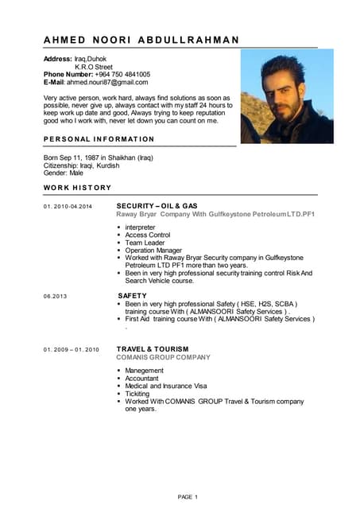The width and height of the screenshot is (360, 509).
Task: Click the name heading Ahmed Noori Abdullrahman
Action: (x=141, y=40)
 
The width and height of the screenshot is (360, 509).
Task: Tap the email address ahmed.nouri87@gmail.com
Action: (x=107, y=82)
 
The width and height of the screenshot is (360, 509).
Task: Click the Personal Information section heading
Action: (x=99, y=139)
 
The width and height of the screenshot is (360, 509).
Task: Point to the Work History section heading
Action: (x=77, y=188)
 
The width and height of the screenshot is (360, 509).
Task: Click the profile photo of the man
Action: (x=286, y=96)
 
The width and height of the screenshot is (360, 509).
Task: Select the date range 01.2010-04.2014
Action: (x=68, y=207)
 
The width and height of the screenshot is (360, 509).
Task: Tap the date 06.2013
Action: (x=55, y=296)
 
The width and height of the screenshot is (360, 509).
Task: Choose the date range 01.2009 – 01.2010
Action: (x=71, y=349)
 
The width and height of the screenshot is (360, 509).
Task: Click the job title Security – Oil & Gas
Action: (x=157, y=206)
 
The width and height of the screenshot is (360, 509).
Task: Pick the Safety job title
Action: (x=132, y=295)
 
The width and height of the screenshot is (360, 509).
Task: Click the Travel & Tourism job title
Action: (x=153, y=348)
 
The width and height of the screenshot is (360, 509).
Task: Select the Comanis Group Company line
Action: (x=163, y=357)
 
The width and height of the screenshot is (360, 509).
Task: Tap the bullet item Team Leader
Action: (x=145, y=243)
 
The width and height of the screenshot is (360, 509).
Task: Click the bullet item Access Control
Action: (x=148, y=235)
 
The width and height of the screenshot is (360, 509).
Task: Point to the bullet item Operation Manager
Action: (x=153, y=250)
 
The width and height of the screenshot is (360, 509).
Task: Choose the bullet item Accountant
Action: (x=144, y=379)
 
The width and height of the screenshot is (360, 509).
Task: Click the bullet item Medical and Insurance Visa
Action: (x=165, y=386)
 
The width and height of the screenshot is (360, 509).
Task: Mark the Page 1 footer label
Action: (x=188, y=497)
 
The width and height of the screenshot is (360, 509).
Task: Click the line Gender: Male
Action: (x=63, y=173)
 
